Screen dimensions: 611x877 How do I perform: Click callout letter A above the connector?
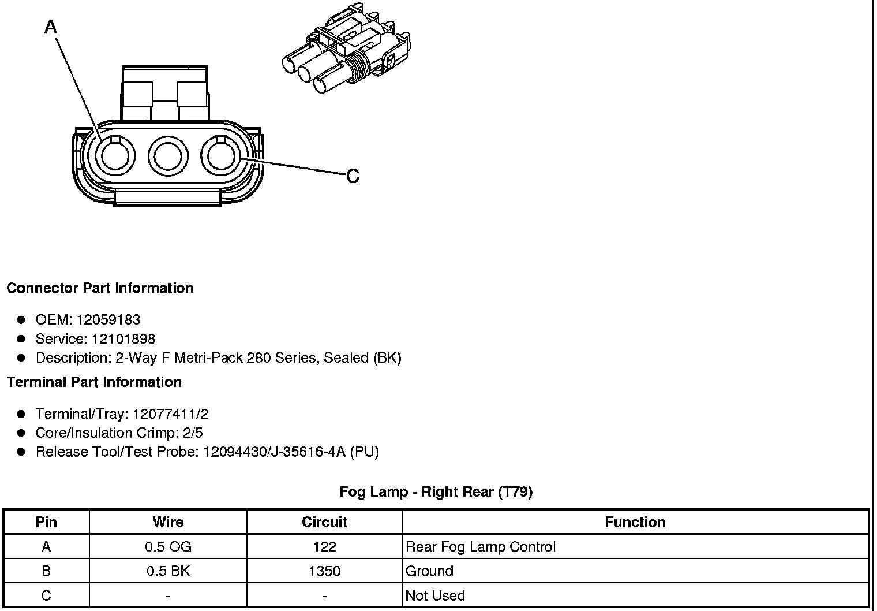[x=51, y=27]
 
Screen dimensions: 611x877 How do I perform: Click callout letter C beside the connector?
[x=353, y=176]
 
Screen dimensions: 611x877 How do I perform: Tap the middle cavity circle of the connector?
[x=168, y=157]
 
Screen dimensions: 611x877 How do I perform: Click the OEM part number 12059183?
[x=109, y=319]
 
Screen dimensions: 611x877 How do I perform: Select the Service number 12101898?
[x=123, y=338]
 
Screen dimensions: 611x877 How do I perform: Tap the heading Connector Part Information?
[x=100, y=288]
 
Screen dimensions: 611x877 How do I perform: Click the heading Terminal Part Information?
[x=94, y=382]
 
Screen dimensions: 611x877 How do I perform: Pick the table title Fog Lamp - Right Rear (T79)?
[x=436, y=491]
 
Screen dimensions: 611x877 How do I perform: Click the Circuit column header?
[x=324, y=522]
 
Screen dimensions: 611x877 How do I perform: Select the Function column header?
[x=635, y=522]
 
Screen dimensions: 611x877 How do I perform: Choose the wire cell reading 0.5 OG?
[x=168, y=546]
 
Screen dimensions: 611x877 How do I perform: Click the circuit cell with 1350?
[x=324, y=571]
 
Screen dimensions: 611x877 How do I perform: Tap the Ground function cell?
[x=430, y=571]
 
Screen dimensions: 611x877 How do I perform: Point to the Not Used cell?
[x=435, y=595]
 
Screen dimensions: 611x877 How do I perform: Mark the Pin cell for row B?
[x=46, y=571]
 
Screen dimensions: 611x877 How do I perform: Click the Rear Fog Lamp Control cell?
[x=481, y=546]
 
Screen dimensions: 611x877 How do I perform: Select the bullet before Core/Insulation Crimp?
[x=21, y=433]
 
